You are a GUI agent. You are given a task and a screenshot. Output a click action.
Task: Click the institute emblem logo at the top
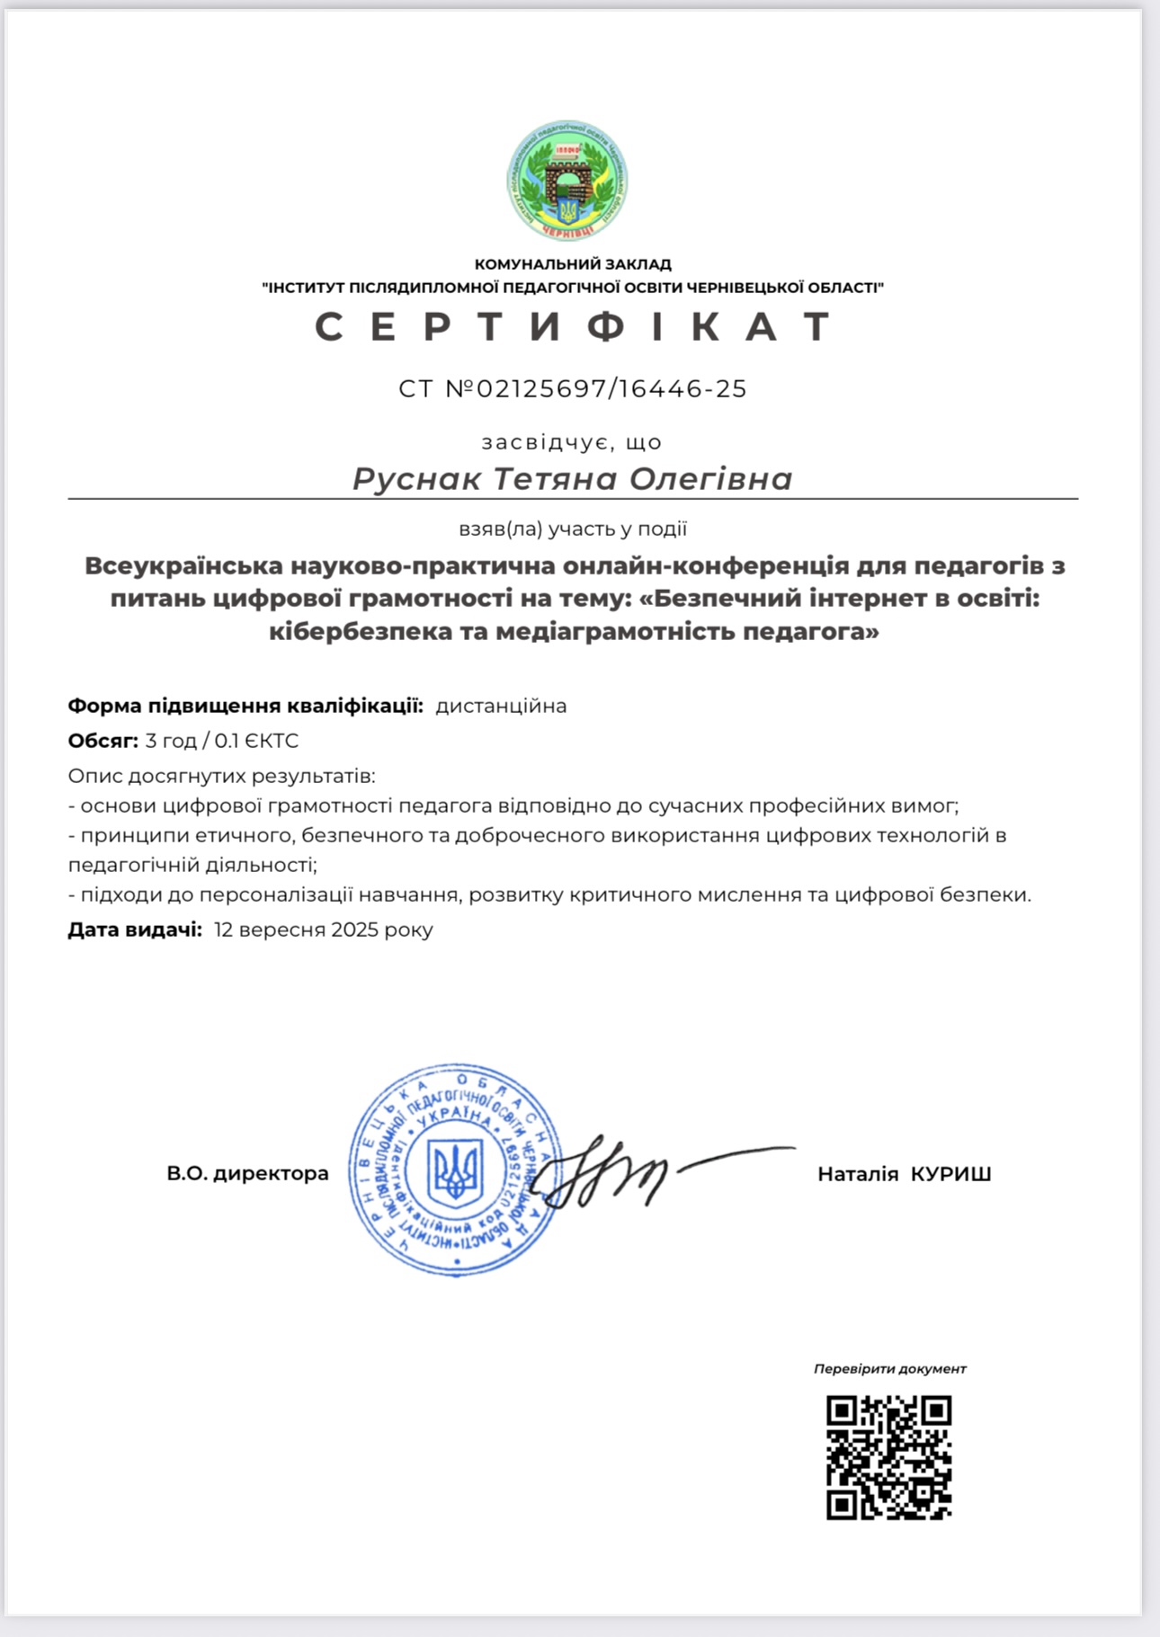[x=567, y=182]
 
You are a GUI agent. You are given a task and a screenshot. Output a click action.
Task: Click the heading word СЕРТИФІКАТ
[x=574, y=326]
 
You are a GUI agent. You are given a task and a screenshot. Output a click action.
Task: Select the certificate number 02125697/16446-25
[x=611, y=388]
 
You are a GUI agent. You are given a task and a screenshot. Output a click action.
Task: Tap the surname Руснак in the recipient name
[x=416, y=478]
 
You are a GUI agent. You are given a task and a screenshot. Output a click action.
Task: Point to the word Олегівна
[x=710, y=478]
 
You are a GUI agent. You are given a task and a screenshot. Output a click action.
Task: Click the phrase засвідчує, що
[x=572, y=442]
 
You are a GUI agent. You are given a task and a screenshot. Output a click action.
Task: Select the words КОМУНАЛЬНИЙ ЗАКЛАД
[x=573, y=264]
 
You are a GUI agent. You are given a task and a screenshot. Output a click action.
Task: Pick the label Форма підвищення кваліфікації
[x=245, y=706]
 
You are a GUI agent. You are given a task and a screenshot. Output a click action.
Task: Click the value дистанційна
[x=501, y=706]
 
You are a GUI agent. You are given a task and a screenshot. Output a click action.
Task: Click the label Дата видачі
[x=135, y=930]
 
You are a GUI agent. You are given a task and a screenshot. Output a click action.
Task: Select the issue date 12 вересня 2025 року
[x=324, y=930]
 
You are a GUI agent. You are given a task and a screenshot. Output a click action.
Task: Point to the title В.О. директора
[x=247, y=1173]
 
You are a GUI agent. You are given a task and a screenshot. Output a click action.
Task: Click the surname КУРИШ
[x=950, y=1174]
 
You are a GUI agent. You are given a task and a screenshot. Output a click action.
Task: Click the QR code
[x=888, y=1457]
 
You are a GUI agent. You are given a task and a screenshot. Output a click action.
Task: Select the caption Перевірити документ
[x=889, y=1369]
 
